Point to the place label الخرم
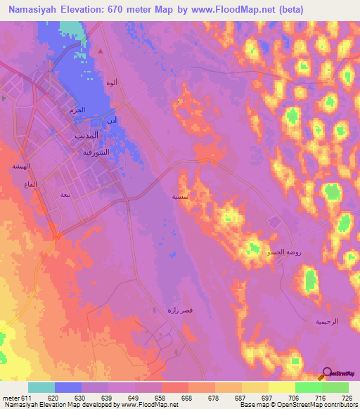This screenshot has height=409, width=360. pos(77,110)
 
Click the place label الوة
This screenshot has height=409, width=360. pos(110,82)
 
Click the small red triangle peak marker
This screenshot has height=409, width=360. pos(101,51)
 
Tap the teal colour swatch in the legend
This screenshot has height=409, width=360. pos(41,387)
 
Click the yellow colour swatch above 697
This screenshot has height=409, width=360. pos(281,387)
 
